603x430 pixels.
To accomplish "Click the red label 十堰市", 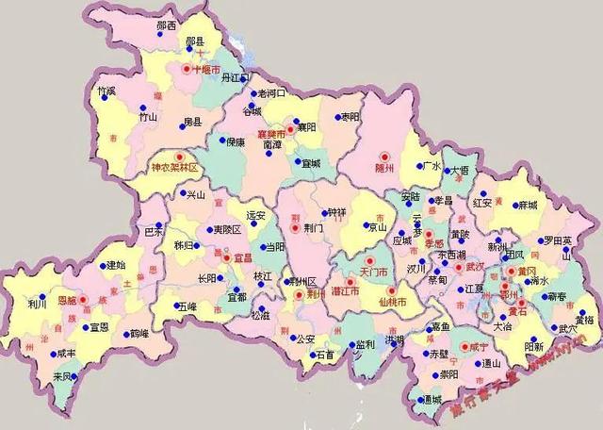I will (206, 70).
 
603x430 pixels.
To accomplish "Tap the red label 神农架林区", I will (175, 167).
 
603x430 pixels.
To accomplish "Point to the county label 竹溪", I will (107, 91).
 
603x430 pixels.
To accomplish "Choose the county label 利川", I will (37, 305).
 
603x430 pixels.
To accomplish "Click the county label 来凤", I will (63, 376).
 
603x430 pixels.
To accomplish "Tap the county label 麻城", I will (526, 206).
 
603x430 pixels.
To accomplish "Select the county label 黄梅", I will (583, 320).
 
